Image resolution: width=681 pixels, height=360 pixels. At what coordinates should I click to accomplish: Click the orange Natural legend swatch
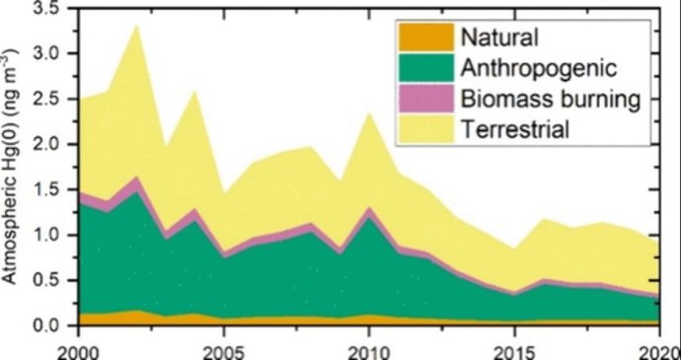pyautogui.click(x=423, y=38)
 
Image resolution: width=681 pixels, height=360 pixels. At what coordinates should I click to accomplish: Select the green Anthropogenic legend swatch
pyautogui.click(x=423, y=68)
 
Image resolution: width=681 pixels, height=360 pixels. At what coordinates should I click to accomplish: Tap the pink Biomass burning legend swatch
pyautogui.click(x=423, y=99)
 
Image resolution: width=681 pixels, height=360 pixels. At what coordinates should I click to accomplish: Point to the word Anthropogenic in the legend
pyautogui.click(x=539, y=68)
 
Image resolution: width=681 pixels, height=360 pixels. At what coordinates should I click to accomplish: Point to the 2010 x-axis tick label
pyautogui.click(x=367, y=348)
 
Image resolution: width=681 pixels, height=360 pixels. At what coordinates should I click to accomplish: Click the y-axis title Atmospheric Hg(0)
pyautogui.click(x=12, y=168)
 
